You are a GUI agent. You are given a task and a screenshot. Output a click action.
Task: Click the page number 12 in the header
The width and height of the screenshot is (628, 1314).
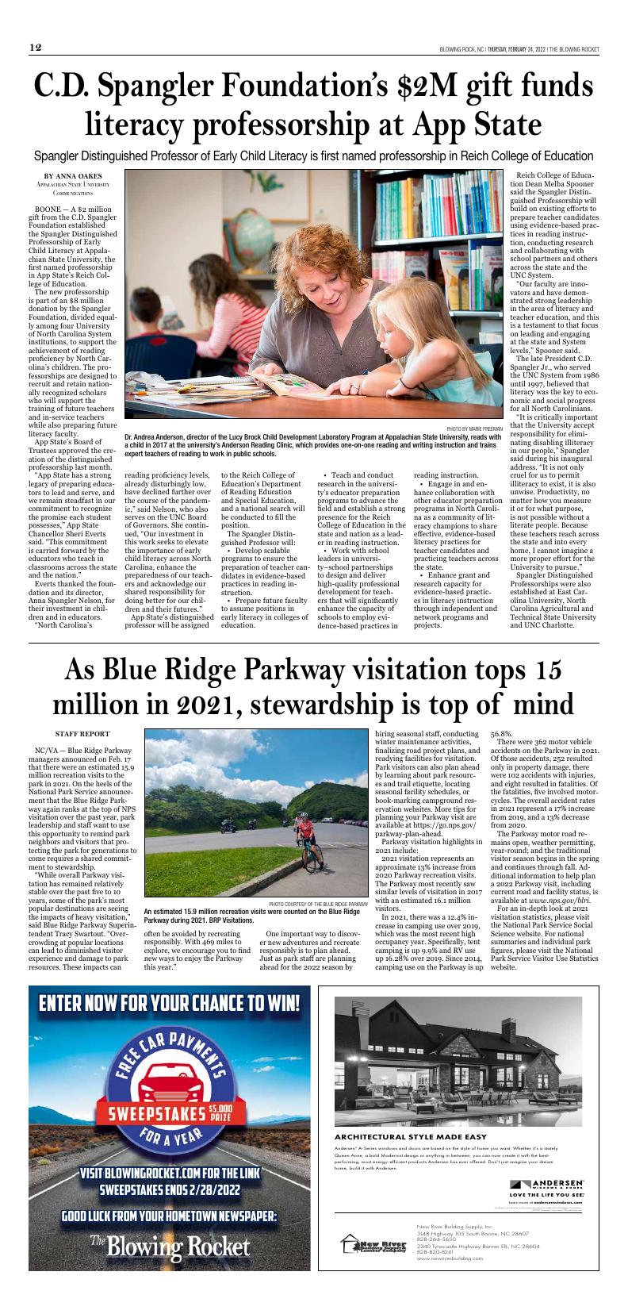pyautogui.click(x=36, y=48)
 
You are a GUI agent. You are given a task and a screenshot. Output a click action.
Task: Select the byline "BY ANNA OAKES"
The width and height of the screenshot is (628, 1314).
pyautogui.click(x=73, y=175)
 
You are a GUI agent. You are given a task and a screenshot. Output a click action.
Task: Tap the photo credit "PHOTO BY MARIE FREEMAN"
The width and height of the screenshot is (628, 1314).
pyautogui.click(x=473, y=428)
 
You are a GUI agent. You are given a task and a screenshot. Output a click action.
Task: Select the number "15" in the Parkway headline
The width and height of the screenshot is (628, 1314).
pyautogui.click(x=547, y=670)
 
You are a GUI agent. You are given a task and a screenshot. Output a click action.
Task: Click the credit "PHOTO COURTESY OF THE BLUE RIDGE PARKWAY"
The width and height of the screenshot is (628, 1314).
pyautogui.click(x=318, y=903)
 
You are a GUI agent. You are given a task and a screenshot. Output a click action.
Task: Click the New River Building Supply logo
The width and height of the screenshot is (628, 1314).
pyautogui.click(x=373, y=1245)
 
